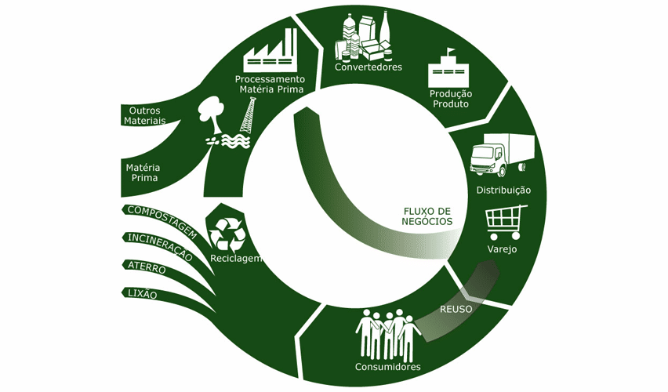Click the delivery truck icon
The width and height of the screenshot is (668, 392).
[501, 154]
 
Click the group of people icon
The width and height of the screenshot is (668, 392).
[388, 333]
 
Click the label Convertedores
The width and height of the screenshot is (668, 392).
[368, 67]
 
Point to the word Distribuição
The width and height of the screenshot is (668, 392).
[504, 191]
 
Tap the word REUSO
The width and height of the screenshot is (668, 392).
[456, 309]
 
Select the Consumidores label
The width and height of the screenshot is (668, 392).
[388, 367]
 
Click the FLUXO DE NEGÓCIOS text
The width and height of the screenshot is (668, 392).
[427, 216]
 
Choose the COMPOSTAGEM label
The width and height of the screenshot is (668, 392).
[160, 220]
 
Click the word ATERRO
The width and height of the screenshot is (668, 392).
[146, 267]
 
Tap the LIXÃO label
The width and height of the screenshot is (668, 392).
[141, 294]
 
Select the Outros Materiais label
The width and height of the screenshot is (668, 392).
[144, 116]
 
